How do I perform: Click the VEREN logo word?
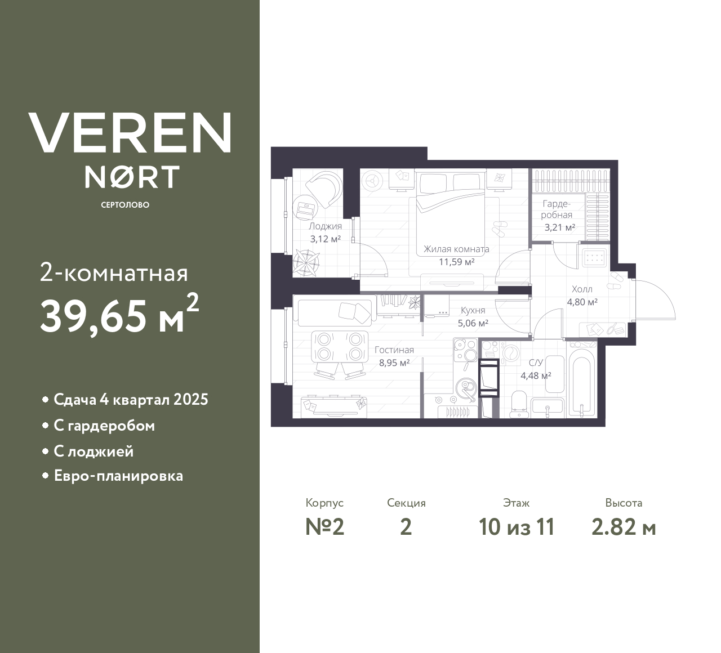point(130,133)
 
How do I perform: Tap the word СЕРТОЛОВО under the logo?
point(125,205)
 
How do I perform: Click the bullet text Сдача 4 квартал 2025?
point(131,400)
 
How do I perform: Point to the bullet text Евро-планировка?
point(118,476)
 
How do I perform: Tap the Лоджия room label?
point(325,226)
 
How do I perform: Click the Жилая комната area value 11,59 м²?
point(456,262)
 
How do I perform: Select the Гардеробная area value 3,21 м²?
point(559,227)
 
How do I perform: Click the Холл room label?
point(582,289)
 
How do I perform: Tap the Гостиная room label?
point(394,350)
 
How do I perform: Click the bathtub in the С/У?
point(582,380)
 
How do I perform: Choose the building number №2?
point(324,527)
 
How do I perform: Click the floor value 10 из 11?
point(517,527)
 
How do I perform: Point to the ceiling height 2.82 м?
point(624,527)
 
